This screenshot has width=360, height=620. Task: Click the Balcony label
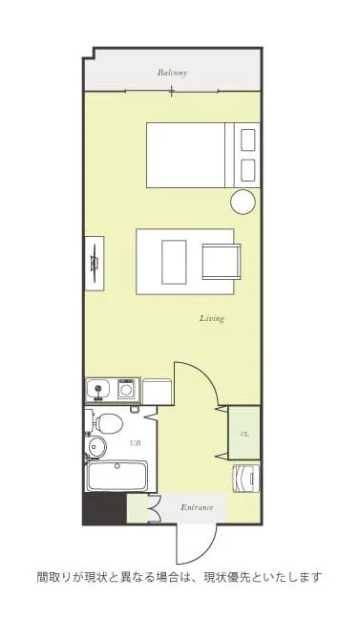point(172,73)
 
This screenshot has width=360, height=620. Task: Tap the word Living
point(212,318)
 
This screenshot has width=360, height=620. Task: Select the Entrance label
point(197,507)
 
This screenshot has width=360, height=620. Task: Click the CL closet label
point(244,434)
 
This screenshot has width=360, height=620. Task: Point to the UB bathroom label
point(136,443)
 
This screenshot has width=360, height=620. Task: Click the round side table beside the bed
point(244,202)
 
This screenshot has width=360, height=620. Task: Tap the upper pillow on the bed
point(247,140)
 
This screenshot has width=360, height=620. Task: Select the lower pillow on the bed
point(247,170)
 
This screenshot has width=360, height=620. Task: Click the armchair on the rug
point(222,262)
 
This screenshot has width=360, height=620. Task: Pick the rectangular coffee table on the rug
point(174,262)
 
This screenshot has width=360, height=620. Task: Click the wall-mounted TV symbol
point(95,264)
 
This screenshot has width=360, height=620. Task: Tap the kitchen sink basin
point(98,389)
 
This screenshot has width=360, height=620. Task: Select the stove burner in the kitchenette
point(126,391)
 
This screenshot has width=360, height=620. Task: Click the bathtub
point(117,476)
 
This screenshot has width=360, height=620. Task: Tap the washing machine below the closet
point(245,479)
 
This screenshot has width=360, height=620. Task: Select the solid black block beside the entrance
point(104,509)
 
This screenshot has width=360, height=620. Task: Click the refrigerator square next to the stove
point(157,392)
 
